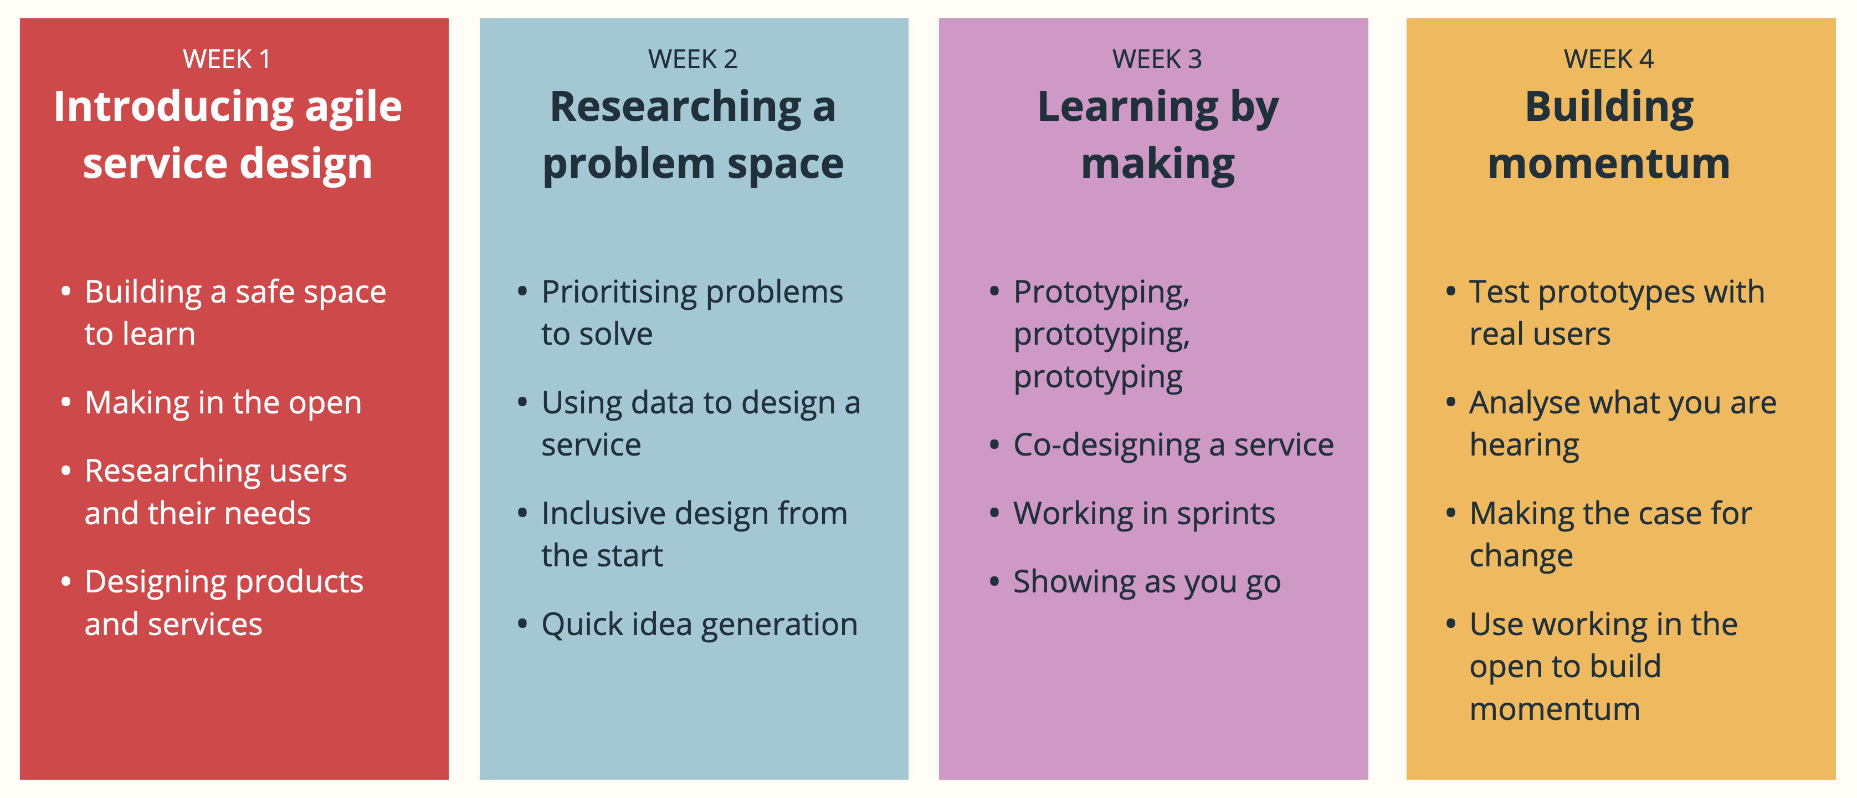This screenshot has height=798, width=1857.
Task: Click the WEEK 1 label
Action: (227, 59)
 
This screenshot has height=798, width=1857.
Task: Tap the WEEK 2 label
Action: (692, 59)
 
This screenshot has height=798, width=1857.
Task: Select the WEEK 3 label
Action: (1156, 59)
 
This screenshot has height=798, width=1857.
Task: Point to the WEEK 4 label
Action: (1608, 59)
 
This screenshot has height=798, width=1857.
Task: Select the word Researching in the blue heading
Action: (675, 108)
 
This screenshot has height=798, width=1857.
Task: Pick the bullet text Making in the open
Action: (223, 402)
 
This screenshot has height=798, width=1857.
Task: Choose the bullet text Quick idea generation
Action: (699, 625)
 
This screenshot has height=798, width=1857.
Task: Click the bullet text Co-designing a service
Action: (1173, 445)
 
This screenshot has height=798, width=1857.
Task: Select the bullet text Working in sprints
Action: (1143, 513)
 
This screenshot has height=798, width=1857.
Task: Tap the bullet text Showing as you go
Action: (1146, 582)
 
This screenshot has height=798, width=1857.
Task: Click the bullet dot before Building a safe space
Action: (65, 292)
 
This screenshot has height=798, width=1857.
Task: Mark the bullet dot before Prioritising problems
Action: (522, 292)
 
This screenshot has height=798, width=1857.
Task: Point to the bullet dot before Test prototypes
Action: (1450, 292)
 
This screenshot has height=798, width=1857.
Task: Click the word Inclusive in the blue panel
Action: (603, 513)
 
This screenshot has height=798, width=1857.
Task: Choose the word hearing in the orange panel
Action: (1524, 445)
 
